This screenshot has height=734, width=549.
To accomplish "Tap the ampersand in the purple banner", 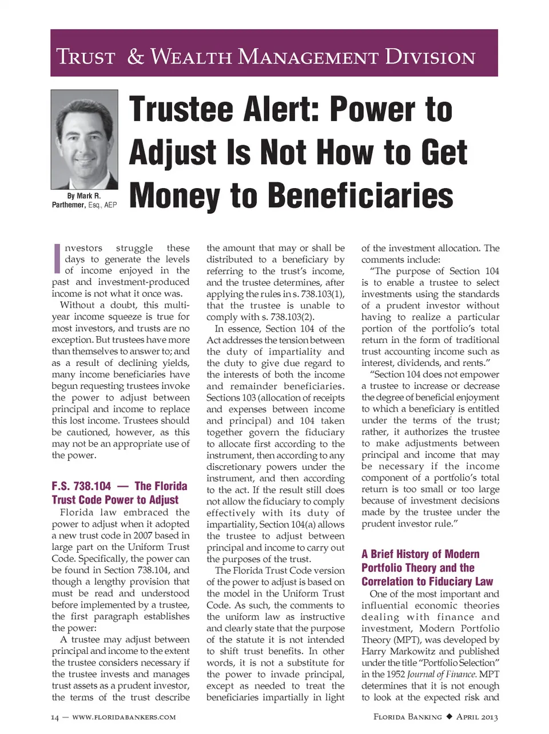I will pos(135,57).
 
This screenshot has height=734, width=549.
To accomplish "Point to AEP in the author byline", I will pos(110,205).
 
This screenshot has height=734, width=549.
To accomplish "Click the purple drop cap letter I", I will pos(57,258).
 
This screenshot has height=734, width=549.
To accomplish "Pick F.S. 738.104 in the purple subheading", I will pos(81,486).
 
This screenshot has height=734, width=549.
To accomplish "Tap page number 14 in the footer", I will pos(55,717).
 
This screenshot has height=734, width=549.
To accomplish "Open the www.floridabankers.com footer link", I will pos(124,717).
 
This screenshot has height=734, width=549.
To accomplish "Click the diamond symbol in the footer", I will pos(449,716).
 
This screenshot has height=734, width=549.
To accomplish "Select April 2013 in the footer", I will pos(478,717).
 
